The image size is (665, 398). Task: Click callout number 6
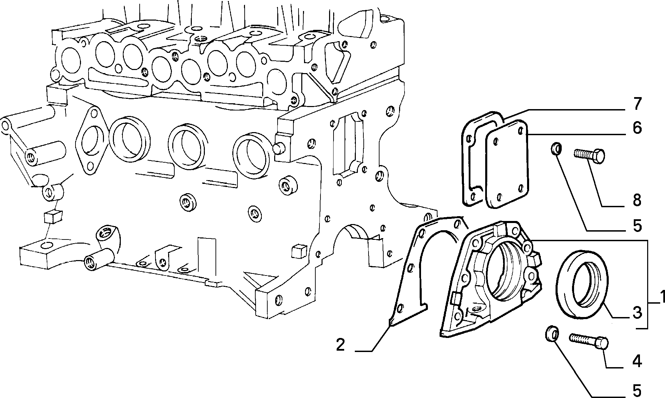click(637, 128)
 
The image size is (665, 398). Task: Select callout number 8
click(637, 200)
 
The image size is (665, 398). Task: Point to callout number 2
click(340, 344)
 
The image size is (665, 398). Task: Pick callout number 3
click(637, 313)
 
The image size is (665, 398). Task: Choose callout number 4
click(637, 361)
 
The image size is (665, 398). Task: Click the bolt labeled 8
click(589, 156)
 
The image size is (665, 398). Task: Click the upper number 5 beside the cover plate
click(637, 225)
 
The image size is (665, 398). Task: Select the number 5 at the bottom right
click(637, 390)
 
